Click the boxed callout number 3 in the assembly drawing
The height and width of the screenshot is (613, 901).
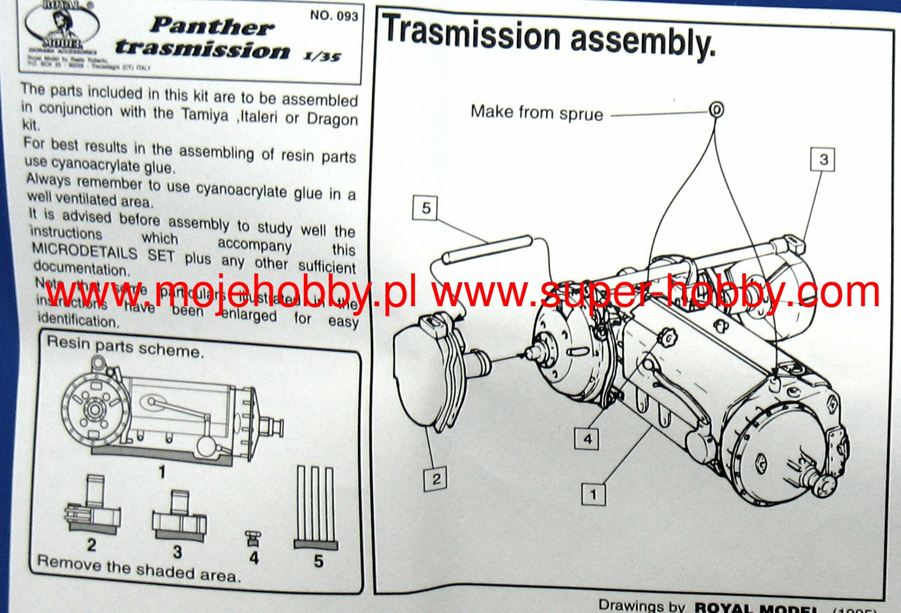click(x=823, y=159)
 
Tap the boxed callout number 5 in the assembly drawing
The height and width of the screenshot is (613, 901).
click(x=425, y=208)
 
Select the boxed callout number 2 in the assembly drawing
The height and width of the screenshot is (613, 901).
click(x=436, y=478)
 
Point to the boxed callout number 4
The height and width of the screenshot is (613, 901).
click(x=588, y=439)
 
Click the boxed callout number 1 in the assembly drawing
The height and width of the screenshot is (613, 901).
click(x=593, y=494)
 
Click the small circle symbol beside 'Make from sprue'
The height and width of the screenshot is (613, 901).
click(x=716, y=109)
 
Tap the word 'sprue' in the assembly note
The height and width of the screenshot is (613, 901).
click(x=581, y=114)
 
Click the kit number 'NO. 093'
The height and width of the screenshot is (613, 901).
click(x=334, y=16)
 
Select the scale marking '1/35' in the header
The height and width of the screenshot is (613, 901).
click(x=322, y=57)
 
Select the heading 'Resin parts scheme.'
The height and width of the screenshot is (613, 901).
click(x=125, y=346)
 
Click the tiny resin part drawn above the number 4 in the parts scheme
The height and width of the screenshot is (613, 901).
click(x=254, y=538)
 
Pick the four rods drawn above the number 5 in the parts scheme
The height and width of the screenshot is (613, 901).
click(x=316, y=504)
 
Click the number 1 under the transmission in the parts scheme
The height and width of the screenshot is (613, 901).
click(x=161, y=472)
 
